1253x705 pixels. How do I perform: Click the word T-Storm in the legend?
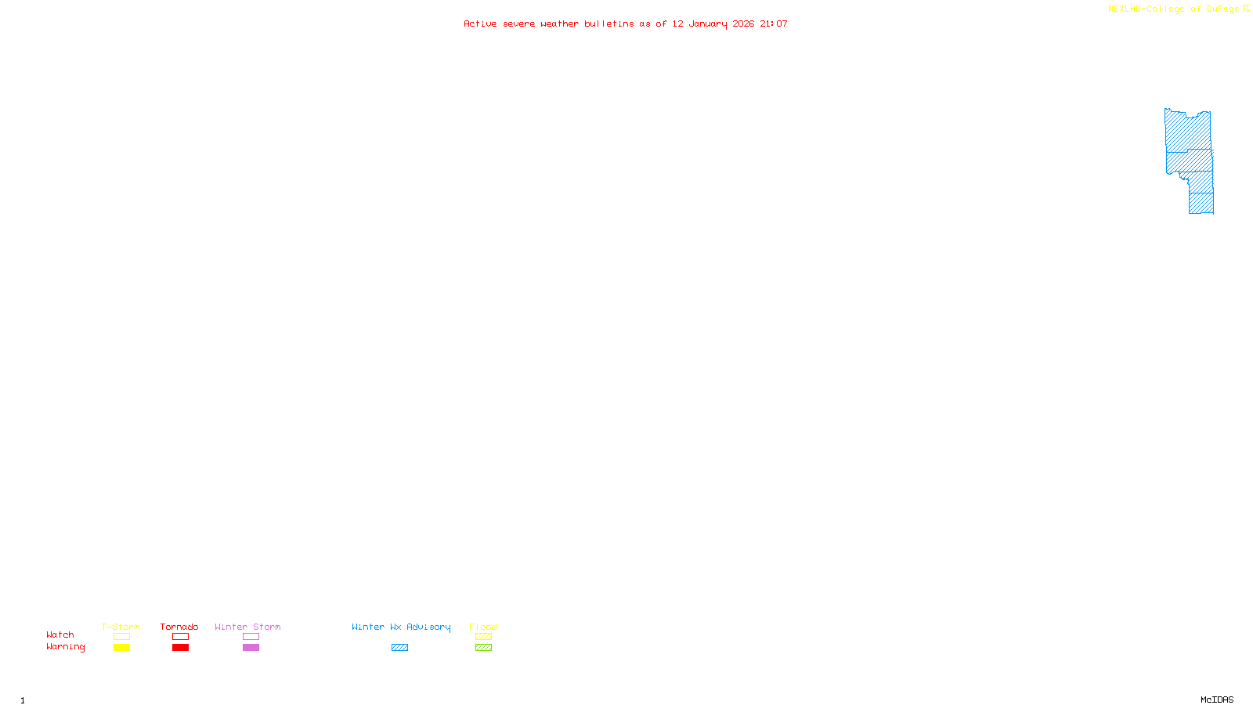pyautogui.click(x=121, y=627)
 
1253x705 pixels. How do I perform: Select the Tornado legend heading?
pyautogui.click(x=179, y=627)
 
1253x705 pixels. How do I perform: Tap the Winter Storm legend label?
pyautogui.click(x=247, y=627)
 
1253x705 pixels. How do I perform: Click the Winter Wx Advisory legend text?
pyautogui.click(x=401, y=627)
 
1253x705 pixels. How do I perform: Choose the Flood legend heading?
pyautogui.click(x=483, y=627)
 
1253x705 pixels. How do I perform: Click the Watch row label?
pyautogui.click(x=60, y=634)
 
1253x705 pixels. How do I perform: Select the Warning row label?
pyautogui.click(x=66, y=647)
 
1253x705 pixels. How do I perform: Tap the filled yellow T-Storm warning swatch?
pyautogui.click(x=121, y=648)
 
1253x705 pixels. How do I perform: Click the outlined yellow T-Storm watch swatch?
pyautogui.click(x=121, y=637)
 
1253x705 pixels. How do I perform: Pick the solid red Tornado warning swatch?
pyautogui.click(x=180, y=648)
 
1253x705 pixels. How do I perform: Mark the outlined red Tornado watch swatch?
pyautogui.click(x=180, y=637)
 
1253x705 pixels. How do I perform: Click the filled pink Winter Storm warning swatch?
pyautogui.click(x=251, y=648)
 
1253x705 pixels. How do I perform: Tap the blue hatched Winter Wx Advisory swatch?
pyautogui.click(x=399, y=648)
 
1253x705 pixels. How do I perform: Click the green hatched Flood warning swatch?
pyautogui.click(x=483, y=648)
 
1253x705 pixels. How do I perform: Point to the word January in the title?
pyautogui.click(x=708, y=23)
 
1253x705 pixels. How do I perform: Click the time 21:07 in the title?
pyautogui.click(x=774, y=23)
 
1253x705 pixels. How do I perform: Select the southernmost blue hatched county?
pyautogui.click(x=1201, y=203)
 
